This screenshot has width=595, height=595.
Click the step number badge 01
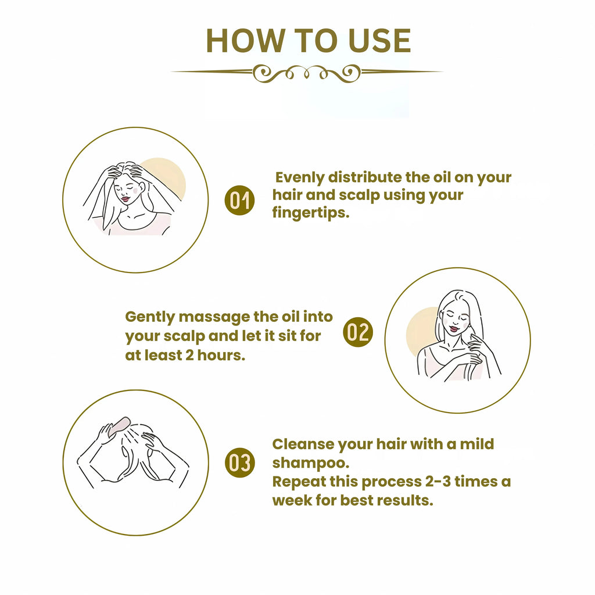tap(239, 201)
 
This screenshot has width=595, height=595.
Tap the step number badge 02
tap(357, 332)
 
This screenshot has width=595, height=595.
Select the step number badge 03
tap(239, 463)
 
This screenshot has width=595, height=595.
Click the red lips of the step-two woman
tap(453, 329)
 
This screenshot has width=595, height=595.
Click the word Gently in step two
tap(150, 317)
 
